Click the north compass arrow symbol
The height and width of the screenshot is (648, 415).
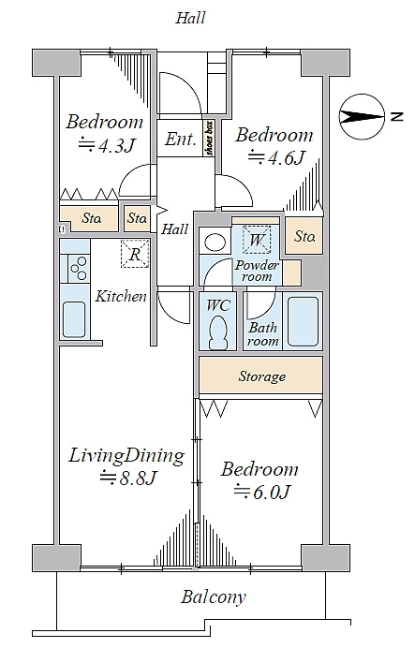(362, 117)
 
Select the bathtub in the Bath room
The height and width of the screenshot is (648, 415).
(303, 321)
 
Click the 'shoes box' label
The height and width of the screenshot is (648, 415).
(209, 138)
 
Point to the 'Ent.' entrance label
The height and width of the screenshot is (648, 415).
(181, 139)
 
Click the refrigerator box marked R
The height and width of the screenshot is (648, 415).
(135, 254)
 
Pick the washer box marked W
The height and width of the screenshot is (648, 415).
(257, 240)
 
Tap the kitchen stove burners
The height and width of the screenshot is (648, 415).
(79, 269)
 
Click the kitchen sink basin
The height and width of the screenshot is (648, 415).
(74, 319)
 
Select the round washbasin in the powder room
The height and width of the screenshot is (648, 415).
(215, 243)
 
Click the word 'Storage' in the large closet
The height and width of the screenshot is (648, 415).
(262, 376)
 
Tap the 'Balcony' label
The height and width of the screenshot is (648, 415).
(214, 597)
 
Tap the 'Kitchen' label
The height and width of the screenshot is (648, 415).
(121, 296)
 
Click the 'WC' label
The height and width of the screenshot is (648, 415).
(218, 305)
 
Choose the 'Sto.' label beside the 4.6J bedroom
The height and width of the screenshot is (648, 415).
(305, 236)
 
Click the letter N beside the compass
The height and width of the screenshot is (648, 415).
(396, 116)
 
